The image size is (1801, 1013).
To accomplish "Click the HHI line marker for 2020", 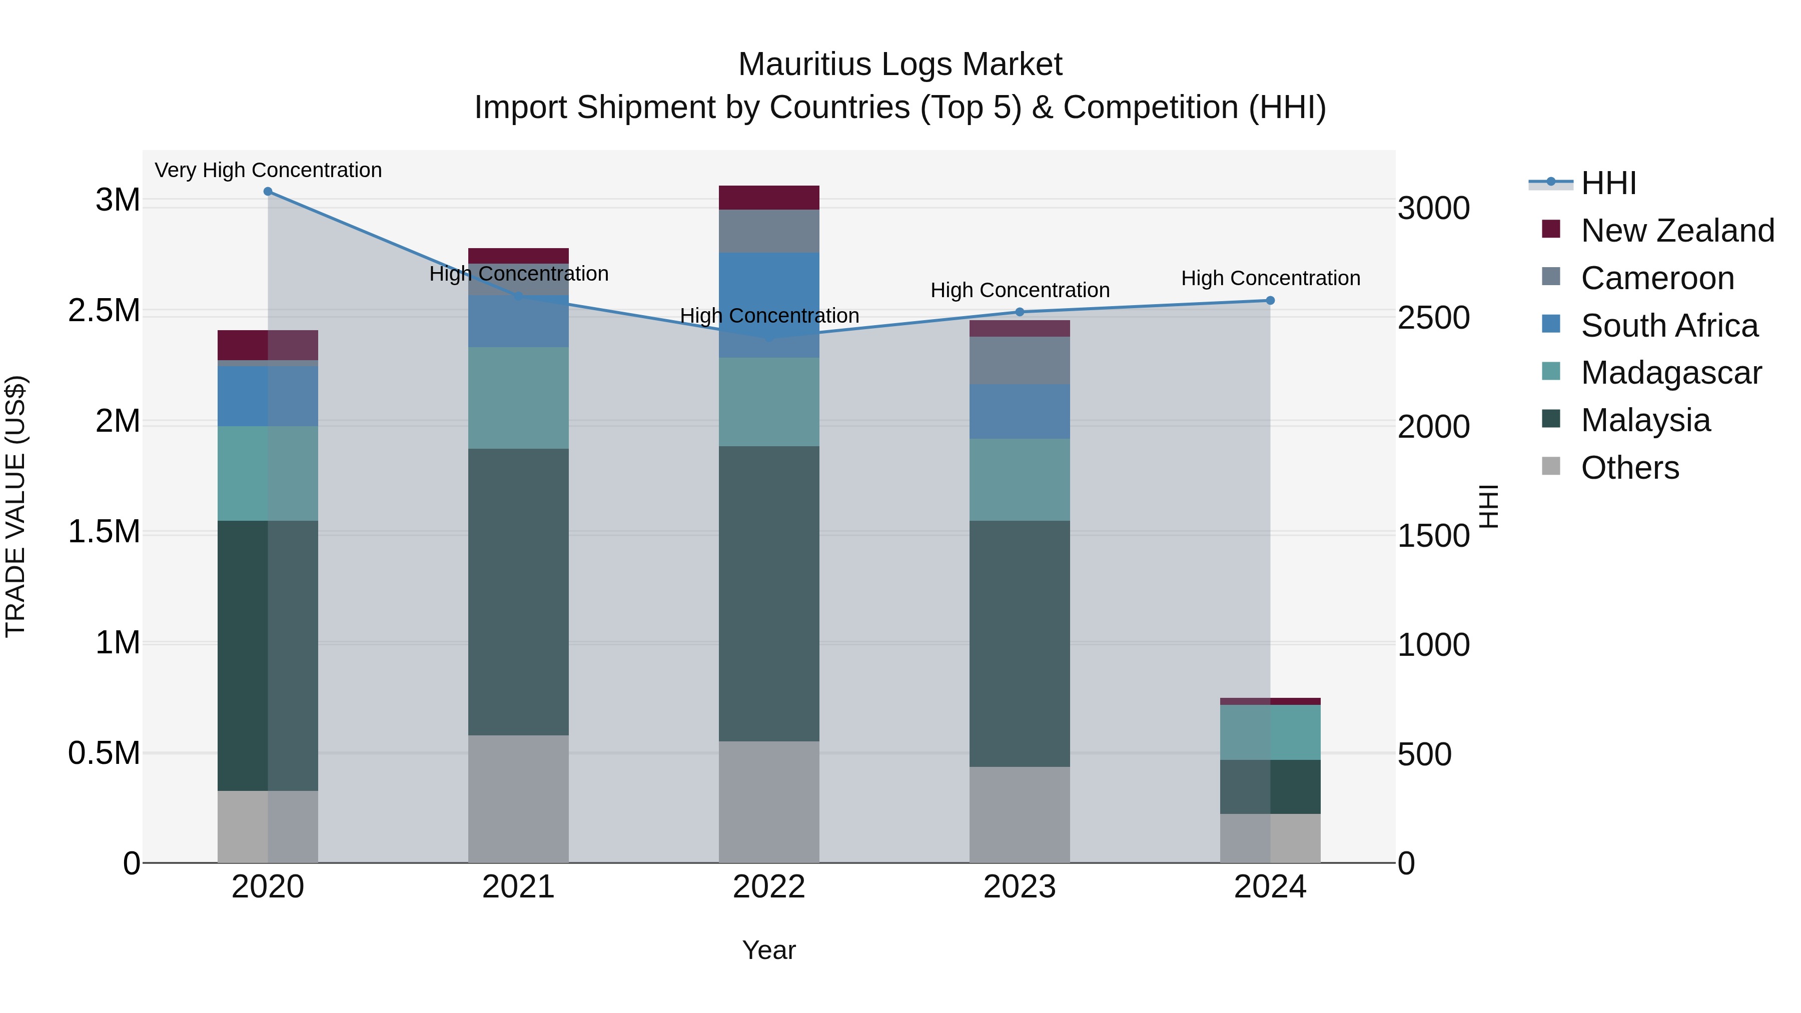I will tap(268, 192).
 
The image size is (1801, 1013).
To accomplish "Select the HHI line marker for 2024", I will tap(1270, 301).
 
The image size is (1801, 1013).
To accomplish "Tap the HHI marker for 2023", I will tap(1020, 312).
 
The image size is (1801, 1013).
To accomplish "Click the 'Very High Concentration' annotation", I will tap(268, 170).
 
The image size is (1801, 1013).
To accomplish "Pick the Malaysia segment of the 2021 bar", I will tap(518, 591).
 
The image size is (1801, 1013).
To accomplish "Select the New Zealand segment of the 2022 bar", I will tap(769, 198).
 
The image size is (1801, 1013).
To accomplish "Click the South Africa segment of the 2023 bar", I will tap(1020, 411).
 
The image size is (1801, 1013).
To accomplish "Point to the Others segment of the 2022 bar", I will tap(769, 802).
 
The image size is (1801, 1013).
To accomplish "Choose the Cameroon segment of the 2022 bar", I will tap(769, 231).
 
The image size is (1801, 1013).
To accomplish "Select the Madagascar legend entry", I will tap(1671, 373).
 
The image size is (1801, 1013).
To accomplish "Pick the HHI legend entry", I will tap(1608, 183).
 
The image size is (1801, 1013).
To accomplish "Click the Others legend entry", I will tap(1629, 468).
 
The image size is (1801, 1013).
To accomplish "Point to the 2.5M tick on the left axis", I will tap(104, 310).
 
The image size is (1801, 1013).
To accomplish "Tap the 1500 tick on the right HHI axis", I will tap(1433, 536).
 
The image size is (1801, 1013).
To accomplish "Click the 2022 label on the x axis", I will tap(769, 887).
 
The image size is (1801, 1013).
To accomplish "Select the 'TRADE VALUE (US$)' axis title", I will tap(16, 506).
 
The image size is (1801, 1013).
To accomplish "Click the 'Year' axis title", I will tap(769, 950).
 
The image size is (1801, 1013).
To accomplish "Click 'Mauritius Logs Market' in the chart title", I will tap(900, 65).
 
